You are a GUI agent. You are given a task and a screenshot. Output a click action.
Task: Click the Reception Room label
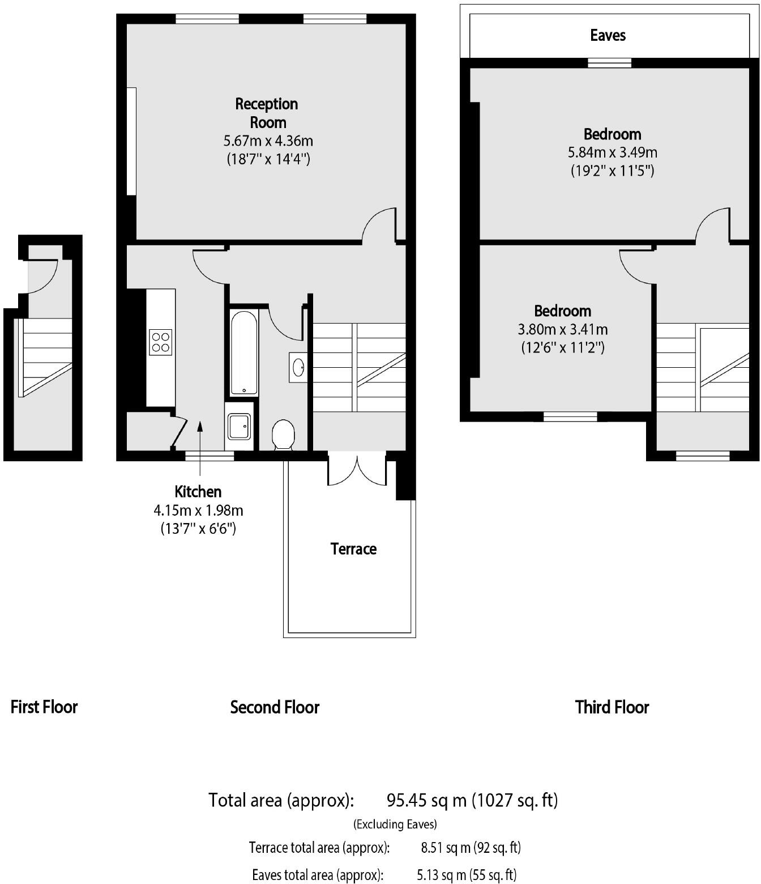click(x=267, y=113)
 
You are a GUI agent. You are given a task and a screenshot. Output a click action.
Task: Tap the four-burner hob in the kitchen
click(x=160, y=342)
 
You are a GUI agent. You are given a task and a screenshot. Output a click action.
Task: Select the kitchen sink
click(x=240, y=426)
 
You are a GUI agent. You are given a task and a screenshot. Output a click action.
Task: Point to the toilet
click(x=283, y=435)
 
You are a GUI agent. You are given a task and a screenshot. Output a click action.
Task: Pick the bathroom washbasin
click(x=298, y=367)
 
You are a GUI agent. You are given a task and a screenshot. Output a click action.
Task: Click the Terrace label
click(x=353, y=549)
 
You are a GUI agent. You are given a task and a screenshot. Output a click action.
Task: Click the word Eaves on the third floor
click(x=608, y=35)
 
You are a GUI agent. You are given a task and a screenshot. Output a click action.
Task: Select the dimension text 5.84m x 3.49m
click(x=612, y=152)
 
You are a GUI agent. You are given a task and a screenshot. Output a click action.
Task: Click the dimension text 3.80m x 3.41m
click(x=563, y=329)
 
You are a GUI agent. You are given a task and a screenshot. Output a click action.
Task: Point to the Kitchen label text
click(x=198, y=492)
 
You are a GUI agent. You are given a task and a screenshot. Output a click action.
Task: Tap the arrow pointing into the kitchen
click(x=200, y=448)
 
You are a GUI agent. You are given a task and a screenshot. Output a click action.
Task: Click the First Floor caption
click(x=44, y=707)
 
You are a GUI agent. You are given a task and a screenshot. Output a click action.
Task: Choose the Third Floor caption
click(x=612, y=707)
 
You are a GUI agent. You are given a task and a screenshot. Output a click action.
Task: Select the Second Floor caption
click(x=275, y=707)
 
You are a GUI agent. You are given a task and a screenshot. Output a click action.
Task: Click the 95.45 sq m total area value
click(x=426, y=800)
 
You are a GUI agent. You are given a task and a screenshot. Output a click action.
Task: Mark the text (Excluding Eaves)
click(x=395, y=824)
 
